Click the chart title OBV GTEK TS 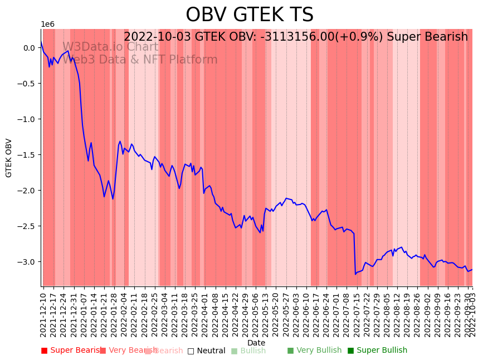coord(250,15)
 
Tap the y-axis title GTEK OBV coord(9,158)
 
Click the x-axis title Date coord(256,343)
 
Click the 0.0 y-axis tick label coord(30,48)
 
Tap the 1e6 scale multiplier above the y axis coord(48,25)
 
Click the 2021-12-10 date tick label coord(43,312)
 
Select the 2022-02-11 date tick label coord(133,312)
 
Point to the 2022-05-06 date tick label coord(255,312)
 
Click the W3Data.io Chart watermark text coord(110,47)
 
